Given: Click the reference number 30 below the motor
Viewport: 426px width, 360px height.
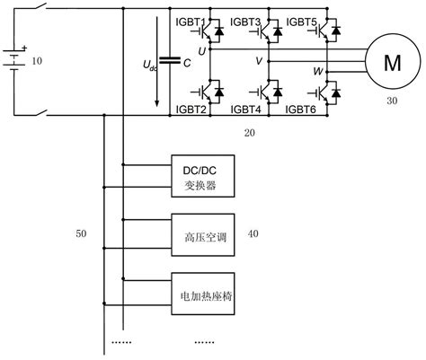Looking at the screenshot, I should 393,101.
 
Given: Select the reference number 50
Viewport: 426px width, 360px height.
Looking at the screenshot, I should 82,234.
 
